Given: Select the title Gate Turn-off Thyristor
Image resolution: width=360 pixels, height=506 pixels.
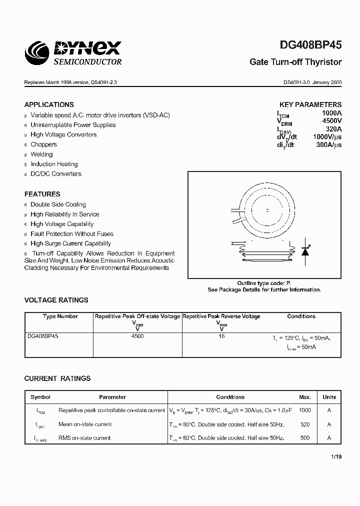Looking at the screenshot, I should (x=295, y=62).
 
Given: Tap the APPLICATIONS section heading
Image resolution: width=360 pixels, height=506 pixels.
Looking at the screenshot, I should (x=49, y=105).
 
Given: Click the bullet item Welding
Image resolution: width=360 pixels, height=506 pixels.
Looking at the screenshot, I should (x=41, y=154).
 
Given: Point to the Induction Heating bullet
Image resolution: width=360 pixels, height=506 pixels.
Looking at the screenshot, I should (x=54, y=164).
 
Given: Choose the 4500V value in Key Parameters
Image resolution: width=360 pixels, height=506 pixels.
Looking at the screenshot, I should (x=331, y=120).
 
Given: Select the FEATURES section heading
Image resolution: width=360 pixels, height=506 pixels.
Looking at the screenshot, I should (x=42, y=194).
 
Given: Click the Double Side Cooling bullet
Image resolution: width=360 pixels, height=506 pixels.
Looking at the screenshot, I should (x=58, y=204).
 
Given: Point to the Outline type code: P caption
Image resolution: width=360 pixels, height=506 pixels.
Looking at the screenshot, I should (x=264, y=283).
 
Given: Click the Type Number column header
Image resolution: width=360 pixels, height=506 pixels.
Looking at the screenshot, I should (x=60, y=316).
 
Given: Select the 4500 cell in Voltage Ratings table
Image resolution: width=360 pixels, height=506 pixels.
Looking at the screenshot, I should (x=137, y=336).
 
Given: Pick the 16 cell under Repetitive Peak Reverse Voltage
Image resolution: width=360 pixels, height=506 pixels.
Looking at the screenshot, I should (x=221, y=336).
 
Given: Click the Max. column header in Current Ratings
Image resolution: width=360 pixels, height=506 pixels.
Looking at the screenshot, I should (x=305, y=397).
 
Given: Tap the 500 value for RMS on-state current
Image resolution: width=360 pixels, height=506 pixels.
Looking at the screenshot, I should (x=305, y=438).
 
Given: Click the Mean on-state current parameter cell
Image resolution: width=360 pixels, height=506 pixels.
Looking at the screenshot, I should (x=85, y=424).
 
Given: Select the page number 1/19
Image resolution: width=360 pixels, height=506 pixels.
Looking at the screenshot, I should (x=336, y=457).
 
